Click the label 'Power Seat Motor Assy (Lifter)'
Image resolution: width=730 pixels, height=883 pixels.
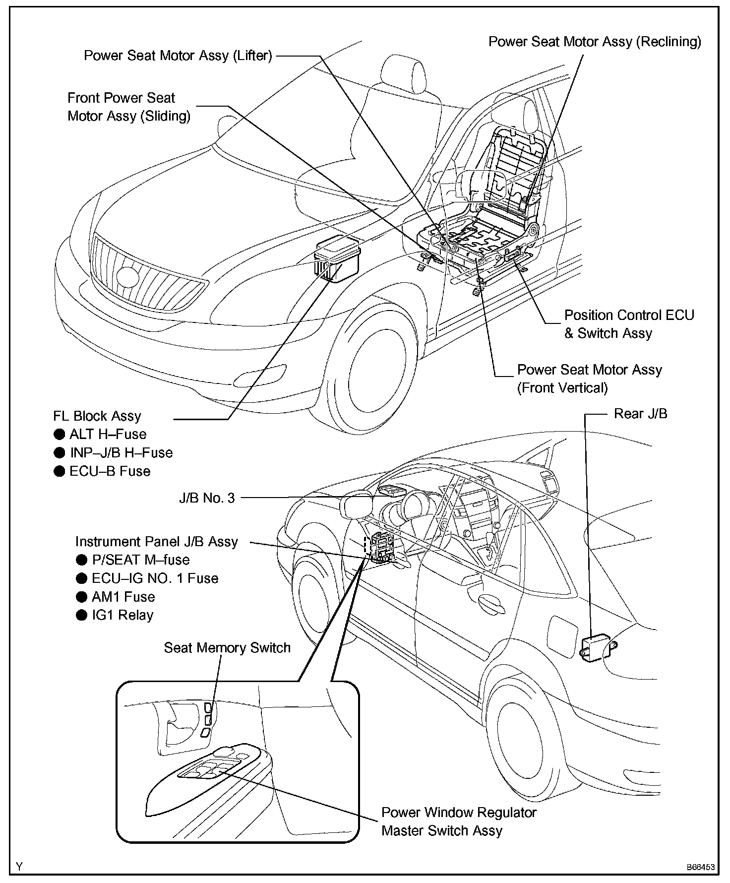[178, 56]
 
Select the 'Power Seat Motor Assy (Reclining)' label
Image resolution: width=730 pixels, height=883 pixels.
[595, 42]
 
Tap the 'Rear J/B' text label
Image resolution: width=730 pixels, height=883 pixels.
[640, 414]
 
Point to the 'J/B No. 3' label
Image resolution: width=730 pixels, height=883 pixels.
[207, 498]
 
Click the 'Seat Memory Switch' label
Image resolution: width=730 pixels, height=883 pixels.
[227, 648]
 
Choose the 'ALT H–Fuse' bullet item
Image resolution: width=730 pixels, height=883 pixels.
[108, 435]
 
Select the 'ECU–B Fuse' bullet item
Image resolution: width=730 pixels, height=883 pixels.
[110, 471]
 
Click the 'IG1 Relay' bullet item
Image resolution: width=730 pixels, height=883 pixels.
[122, 615]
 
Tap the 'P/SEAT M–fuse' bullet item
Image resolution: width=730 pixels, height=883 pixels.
[140, 560]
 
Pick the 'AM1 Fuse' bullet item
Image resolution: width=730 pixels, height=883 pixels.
[123, 597]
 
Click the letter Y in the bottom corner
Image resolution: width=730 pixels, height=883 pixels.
[19, 867]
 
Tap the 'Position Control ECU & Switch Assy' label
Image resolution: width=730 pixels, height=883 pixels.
[629, 324]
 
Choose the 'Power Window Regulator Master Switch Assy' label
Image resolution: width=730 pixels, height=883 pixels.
[458, 821]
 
